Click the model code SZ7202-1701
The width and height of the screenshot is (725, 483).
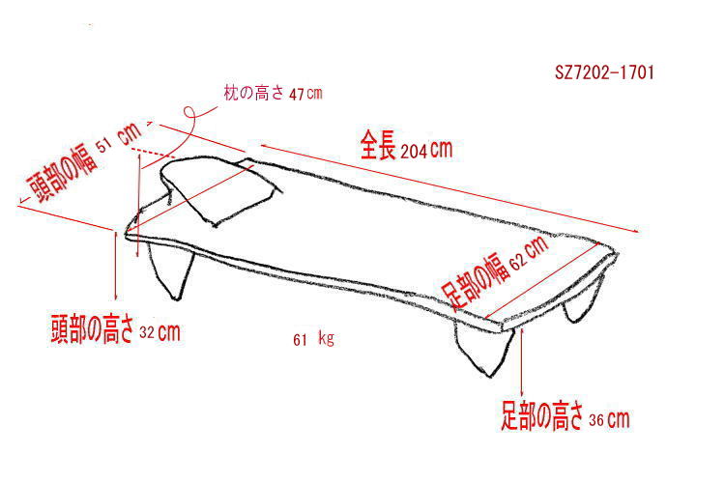(x=604, y=72)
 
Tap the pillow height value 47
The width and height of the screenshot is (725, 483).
(x=296, y=95)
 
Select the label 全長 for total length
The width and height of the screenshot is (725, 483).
(x=378, y=145)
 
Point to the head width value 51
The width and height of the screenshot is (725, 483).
(x=104, y=146)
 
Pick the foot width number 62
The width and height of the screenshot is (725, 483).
(x=518, y=261)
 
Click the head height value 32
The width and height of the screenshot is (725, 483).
(x=147, y=332)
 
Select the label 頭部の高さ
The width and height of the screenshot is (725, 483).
(x=93, y=329)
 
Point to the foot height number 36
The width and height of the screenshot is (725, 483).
(x=596, y=419)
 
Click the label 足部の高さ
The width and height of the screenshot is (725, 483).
(x=542, y=415)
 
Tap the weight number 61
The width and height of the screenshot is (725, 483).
(x=300, y=340)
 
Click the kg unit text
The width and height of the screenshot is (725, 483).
(x=326, y=339)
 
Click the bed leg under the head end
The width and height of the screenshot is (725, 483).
(x=171, y=270)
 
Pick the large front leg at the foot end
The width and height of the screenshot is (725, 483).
(x=484, y=348)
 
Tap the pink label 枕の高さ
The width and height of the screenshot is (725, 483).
(x=254, y=93)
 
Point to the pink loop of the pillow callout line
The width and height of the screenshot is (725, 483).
(x=188, y=113)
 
